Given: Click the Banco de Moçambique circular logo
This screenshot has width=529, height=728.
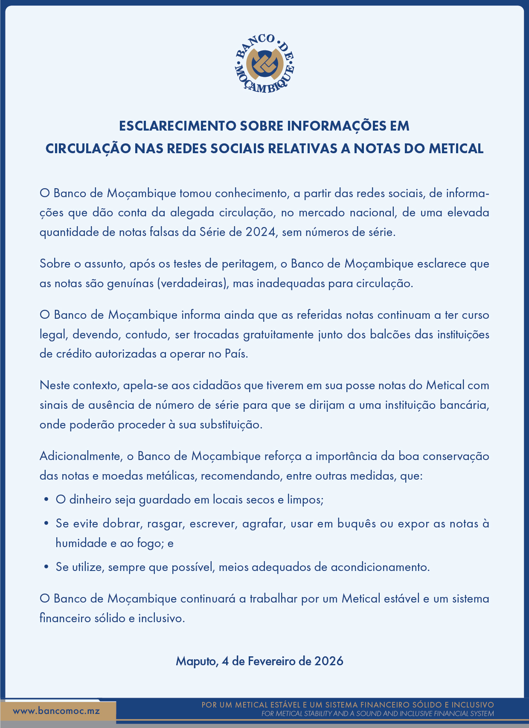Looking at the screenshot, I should [264, 63].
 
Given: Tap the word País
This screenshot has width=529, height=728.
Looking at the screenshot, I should [236, 354].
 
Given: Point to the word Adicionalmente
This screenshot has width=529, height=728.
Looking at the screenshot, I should [81, 456].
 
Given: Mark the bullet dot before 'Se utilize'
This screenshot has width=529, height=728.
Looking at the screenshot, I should [46, 567].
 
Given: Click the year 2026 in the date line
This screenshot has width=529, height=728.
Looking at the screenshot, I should [328, 661].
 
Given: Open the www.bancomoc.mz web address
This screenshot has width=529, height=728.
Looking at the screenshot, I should [56, 711].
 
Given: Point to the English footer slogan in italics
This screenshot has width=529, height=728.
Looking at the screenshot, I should [378, 713].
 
